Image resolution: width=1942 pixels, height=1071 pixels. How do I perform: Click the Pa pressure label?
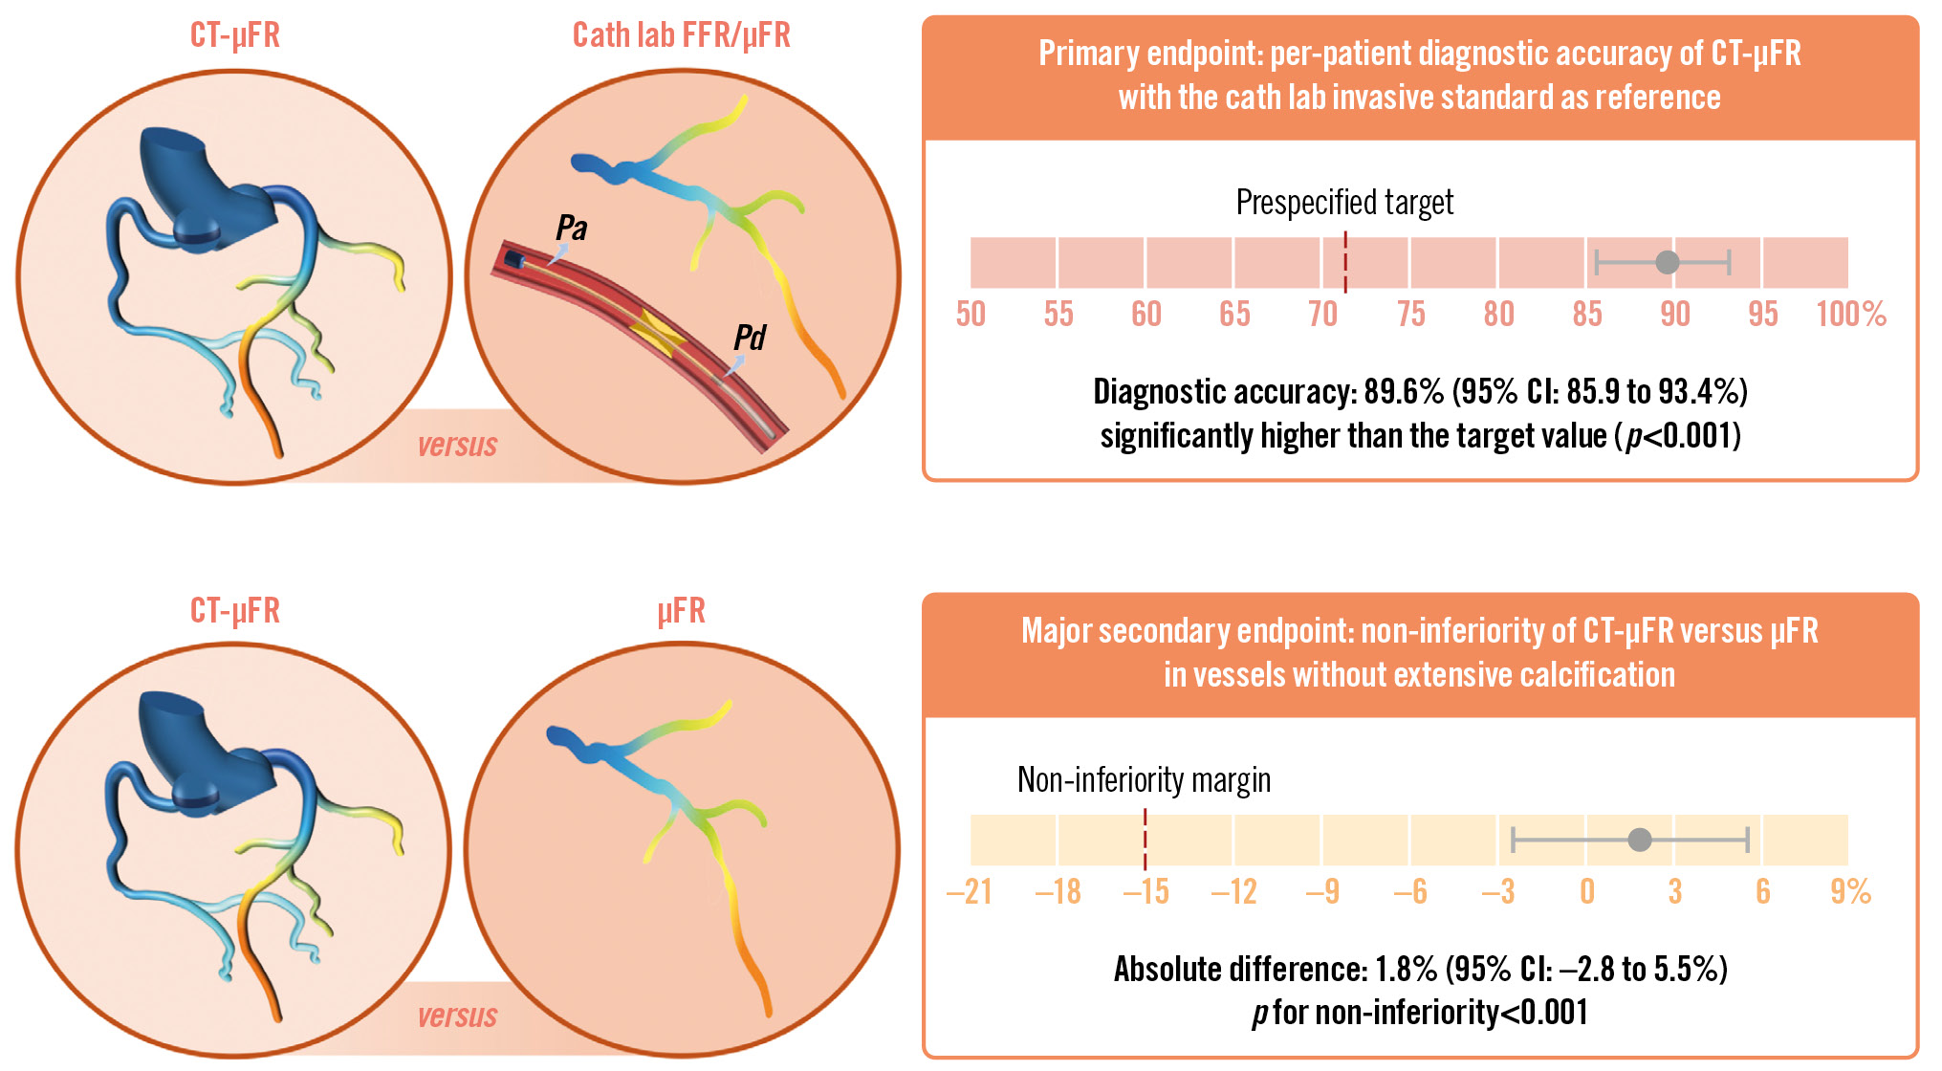click(572, 229)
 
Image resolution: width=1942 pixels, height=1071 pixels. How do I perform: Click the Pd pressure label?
click(750, 339)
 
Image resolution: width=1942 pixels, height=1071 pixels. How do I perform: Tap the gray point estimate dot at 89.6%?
click(1667, 262)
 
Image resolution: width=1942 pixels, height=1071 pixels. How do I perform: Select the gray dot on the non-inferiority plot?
click(1640, 840)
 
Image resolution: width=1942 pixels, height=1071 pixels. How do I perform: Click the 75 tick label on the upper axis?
click(1410, 315)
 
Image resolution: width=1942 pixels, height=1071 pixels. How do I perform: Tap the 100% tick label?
click(1851, 315)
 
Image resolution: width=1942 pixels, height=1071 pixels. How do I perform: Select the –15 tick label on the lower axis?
click(1146, 892)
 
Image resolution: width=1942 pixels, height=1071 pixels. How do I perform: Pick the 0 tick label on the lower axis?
click(1587, 892)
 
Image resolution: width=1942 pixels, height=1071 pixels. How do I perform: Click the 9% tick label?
click(1850, 892)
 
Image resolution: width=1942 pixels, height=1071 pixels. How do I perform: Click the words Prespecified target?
click(1344, 203)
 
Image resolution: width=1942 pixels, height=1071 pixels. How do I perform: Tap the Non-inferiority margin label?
click(1144, 780)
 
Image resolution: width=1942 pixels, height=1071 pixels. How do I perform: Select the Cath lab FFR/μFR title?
click(681, 35)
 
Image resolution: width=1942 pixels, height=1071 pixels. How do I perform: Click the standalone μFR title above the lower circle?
click(681, 611)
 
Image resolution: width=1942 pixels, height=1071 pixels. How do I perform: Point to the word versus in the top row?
click(457, 446)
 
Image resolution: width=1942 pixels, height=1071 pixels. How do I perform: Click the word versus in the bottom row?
click(457, 1016)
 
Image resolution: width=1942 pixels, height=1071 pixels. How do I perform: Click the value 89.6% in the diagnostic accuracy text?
click(1403, 392)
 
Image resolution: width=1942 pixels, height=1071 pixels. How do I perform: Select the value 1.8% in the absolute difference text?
click(1406, 970)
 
